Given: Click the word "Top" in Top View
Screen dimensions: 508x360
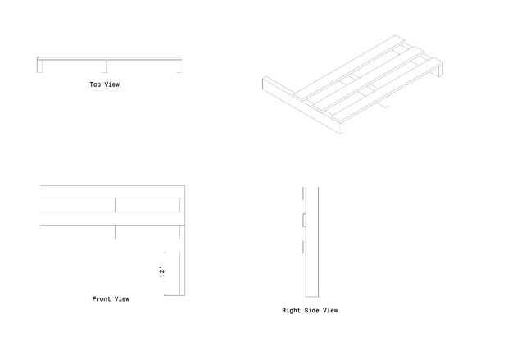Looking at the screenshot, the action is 95,84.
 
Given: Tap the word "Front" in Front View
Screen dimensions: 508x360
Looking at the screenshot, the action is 101,299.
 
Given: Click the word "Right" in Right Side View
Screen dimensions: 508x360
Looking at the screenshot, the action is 291,311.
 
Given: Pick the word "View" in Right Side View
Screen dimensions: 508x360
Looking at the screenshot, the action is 329,311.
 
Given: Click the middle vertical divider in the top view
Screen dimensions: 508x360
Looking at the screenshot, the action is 107,66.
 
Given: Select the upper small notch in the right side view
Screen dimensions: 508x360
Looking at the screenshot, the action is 304,221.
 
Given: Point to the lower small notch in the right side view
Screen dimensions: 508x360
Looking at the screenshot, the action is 304,247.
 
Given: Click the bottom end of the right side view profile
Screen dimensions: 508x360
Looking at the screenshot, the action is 312,295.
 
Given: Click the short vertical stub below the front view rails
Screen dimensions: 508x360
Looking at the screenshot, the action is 116,232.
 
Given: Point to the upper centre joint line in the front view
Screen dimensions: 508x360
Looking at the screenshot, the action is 116,205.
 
